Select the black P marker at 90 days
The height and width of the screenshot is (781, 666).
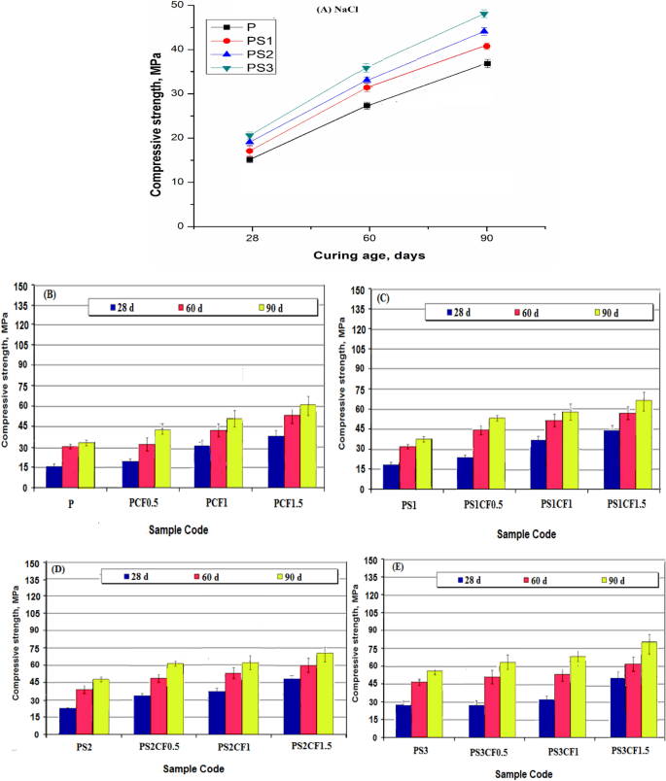click(487, 63)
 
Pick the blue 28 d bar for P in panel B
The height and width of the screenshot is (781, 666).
click(53, 477)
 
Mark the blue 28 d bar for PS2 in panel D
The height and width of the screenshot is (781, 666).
click(67, 722)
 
